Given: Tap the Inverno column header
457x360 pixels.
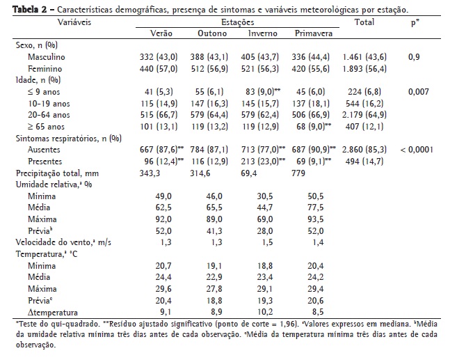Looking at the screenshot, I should click(x=263, y=33).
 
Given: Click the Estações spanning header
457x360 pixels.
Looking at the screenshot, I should click(x=237, y=23).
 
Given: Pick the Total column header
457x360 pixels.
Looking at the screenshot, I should click(x=364, y=23).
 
